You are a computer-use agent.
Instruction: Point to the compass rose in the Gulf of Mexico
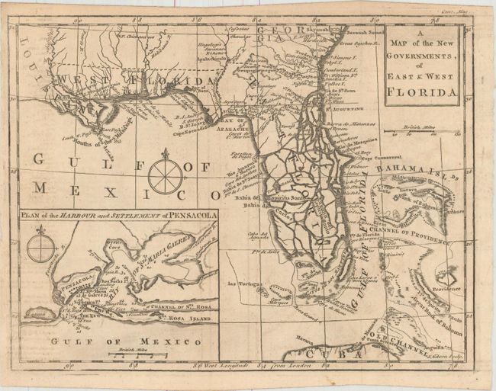tap(163, 175)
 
